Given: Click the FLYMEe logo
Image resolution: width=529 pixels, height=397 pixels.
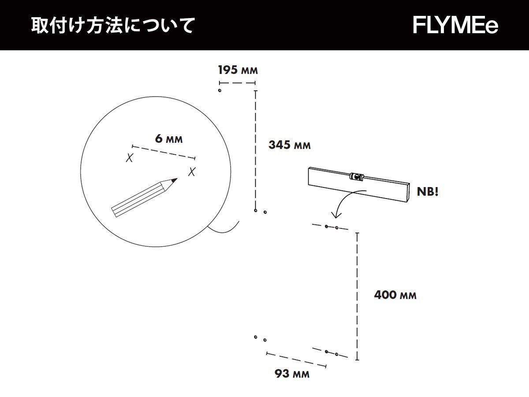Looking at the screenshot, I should click(x=455, y=25).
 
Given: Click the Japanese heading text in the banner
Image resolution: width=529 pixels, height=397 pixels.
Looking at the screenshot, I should click(x=112, y=26).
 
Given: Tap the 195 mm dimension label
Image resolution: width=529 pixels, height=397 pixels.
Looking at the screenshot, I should click(x=238, y=70).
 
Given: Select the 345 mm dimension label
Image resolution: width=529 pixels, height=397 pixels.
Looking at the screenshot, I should click(x=290, y=145).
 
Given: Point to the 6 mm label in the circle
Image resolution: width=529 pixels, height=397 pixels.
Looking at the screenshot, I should click(x=169, y=139).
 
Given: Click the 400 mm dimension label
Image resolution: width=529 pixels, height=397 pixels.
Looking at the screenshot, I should click(x=395, y=295).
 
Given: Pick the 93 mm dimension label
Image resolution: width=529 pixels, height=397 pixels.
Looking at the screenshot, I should click(x=292, y=374).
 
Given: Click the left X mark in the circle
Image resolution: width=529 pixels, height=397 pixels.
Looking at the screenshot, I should click(x=129, y=158).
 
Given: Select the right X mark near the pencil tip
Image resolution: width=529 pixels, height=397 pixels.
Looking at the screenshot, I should click(x=192, y=172).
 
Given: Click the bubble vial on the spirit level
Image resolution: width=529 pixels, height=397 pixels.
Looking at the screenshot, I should click(x=356, y=176).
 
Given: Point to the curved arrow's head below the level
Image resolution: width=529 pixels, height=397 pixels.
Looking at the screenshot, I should click(x=336, y=216).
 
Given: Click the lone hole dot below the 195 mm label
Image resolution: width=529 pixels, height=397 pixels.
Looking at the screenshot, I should click(x=220, y=90).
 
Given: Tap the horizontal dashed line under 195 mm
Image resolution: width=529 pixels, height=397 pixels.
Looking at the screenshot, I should click(x=238, y=82).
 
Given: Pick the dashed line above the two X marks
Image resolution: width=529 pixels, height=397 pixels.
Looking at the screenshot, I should click(x=164, y=152).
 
